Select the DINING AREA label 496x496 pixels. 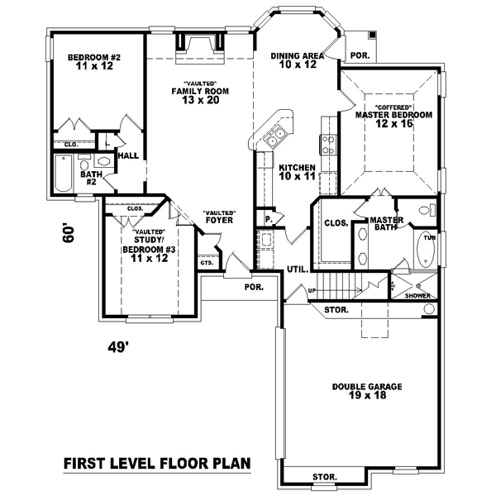click(293, 58)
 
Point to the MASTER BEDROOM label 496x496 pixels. click(393, 116)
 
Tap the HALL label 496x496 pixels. click(127, 155)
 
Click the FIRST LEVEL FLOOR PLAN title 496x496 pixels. click(156, 464)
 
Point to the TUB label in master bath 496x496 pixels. click(428, 237)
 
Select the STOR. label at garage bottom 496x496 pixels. click(324, 477)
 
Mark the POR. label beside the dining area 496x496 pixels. click(360, 55)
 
